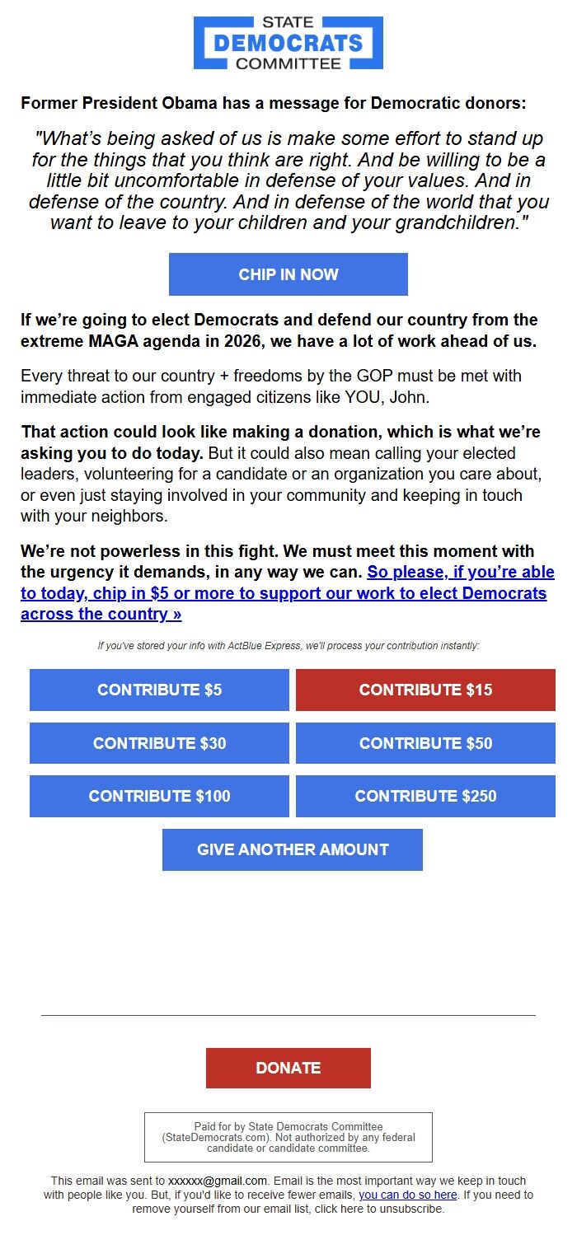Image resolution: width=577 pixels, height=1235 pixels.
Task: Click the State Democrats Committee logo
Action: [x=288, y=43]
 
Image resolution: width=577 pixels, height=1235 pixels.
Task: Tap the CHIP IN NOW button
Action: [x=288, y=274]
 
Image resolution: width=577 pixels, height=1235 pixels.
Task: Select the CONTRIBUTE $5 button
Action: [x=159, y=690]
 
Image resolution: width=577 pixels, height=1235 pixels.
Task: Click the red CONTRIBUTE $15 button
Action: [x=425, y=690]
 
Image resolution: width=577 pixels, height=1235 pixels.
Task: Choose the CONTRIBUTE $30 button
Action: [x=159, y=743]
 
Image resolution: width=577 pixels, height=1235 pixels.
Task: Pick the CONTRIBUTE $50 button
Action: [x=425, y=743]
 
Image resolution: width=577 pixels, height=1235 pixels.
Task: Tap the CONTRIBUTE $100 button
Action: [x=159, y=796]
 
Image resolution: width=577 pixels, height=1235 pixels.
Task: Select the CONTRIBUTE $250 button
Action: [x=425, y=796]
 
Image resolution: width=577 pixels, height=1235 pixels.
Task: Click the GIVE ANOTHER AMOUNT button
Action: [x=293, y=849]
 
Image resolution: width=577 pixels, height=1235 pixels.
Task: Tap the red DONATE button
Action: [x=288, y=1068]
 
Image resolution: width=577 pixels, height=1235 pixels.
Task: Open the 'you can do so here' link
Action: [x=407, y=1195]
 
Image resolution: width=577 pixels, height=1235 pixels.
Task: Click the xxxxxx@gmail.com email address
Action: [x=218, y=1181]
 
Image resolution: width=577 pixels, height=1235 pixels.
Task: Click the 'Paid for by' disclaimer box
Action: [x=288, y=1137]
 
